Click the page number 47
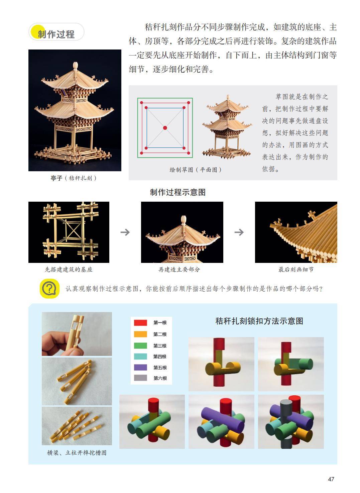tap(331, 479)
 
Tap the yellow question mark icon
tap(50, 288)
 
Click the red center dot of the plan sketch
tap(165, 128)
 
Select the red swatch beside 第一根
tap(140, 323)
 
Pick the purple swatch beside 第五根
tap(140, 367)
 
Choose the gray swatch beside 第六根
tap(140, 378)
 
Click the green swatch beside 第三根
tap(140, 346)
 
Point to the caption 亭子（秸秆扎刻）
tap(74, 178)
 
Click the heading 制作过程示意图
tap(178, 192)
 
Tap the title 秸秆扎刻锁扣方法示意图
tap(259, 321)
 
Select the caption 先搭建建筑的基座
tap(69, 269)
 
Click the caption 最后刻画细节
tap(296, 269)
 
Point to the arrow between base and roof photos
tap(125, 232)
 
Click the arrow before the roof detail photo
tap(239, 232)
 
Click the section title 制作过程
tap(56, 34)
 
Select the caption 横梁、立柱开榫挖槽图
tap(77, 453)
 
